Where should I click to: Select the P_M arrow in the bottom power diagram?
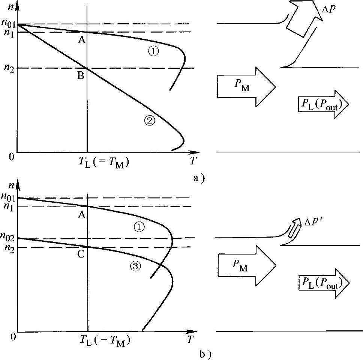pos(246,264)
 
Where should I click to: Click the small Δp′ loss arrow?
pos(295,229)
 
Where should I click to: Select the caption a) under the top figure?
pos(198,179)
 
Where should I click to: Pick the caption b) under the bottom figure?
pos(198,352)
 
